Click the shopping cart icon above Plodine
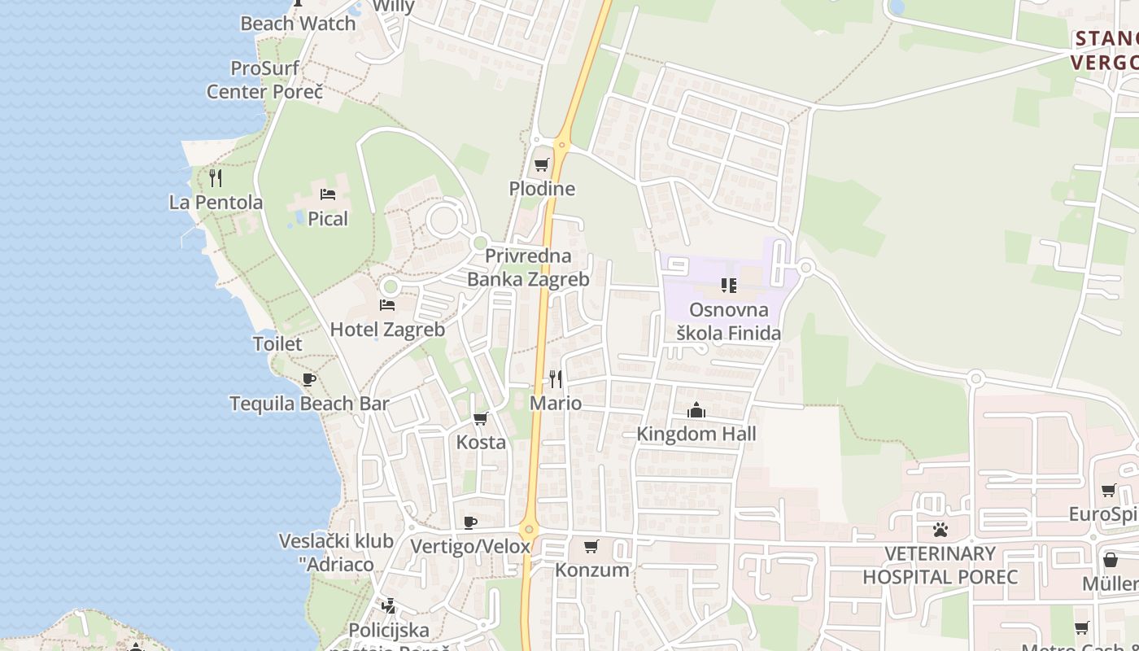click(541, 165)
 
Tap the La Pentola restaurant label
click(216, 202)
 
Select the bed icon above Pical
click(328, 194)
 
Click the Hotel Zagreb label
click(387, 330)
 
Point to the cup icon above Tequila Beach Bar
click(309, 379)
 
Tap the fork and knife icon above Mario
click(556, 378)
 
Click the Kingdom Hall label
click(696, 434)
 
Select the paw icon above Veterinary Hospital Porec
click(940, 530)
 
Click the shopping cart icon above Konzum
click(591, 546)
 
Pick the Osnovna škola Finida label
click(728, 321)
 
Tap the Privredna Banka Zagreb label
click(528, 268)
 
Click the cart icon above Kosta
click(481, 419)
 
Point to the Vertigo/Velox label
click(470, 547)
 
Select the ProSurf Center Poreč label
click(264, 80)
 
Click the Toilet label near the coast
click(277, 343)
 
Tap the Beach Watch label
click(298, 24)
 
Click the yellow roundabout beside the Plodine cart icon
click(561, 146)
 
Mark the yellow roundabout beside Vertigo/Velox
click(530, 529)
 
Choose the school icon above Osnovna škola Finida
click(728, 286)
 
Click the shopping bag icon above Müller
click(1111, 560)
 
